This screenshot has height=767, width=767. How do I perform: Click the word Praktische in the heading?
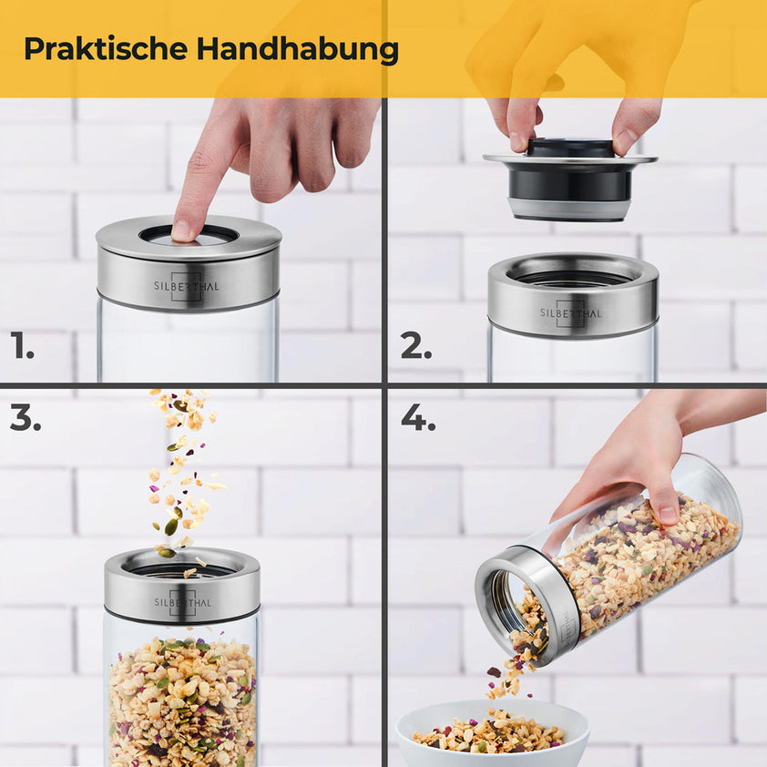click(x=106, y=48)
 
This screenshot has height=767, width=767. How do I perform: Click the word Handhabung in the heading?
click(x=297, y=49)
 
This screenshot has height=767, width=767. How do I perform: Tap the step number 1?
click(x=22, y=345)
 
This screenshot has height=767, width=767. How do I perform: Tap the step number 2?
click(x=415, y=345)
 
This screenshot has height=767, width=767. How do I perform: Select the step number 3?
click(x=26, y=418)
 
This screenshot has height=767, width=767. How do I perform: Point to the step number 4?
click(x=418, y=418)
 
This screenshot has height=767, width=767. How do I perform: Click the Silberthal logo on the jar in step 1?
click(x=187, y=286)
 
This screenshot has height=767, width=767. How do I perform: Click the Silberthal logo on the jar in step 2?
click(x=571, y=312)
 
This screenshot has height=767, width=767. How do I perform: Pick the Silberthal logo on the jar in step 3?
click(x=182, y=602)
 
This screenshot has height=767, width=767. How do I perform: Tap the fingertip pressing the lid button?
click(x=183, y=230)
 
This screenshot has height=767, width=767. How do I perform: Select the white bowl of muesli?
click(x=492, y=733)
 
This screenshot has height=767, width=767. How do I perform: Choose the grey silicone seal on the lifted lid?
click(x=570, y=209)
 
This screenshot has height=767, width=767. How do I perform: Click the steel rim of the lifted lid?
click(x=570, y=159)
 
